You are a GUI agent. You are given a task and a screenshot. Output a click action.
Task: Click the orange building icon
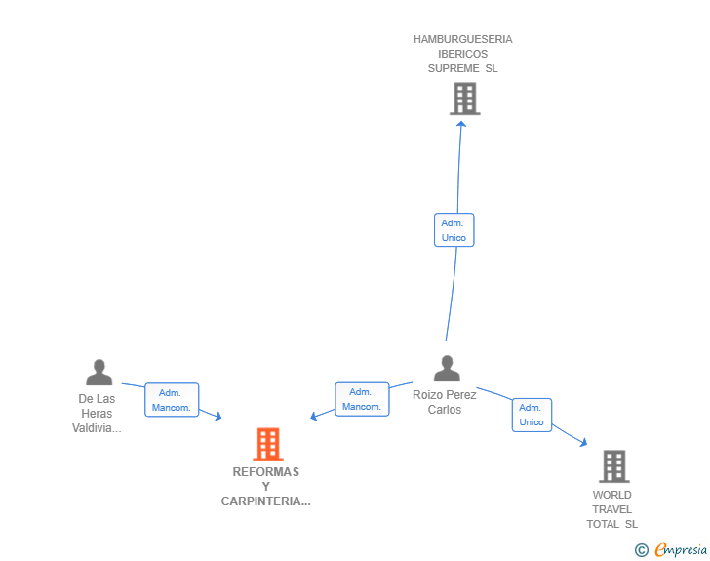tap(268, 444)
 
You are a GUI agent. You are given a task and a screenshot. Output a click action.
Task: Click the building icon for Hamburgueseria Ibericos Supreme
tap(465, 99)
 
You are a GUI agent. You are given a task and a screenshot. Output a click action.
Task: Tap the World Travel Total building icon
tap(614, 466)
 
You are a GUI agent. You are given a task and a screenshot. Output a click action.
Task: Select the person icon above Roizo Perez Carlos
tap(447, 369)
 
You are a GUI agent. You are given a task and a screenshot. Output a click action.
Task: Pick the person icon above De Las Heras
tap(99, 373)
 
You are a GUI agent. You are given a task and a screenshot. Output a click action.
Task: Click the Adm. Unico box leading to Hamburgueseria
tap(454, 229)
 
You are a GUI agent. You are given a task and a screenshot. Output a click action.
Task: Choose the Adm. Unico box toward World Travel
tap(532, 415)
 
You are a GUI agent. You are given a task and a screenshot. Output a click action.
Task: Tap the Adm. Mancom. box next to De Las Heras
tap(172, 400)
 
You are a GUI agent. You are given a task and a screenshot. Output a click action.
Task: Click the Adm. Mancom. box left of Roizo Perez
tap(362, 399)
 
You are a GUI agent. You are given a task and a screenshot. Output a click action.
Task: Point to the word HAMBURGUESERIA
tap(462, 39)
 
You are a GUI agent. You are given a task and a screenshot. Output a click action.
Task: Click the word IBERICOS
tap(462, 54)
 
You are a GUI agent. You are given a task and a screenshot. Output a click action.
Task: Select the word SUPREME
tap(454, 68)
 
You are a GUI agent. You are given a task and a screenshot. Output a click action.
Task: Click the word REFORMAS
tap(266, 472)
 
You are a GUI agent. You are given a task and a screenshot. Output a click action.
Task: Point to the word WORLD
tap(611, 495)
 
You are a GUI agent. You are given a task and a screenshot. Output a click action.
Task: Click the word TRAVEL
tap(611, 509)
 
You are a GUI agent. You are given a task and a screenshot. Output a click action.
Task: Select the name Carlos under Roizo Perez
tap(445, 410)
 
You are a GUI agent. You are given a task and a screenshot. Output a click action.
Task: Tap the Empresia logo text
tap(681, 549)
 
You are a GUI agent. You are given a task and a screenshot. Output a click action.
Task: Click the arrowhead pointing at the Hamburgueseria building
tap(461, 123)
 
